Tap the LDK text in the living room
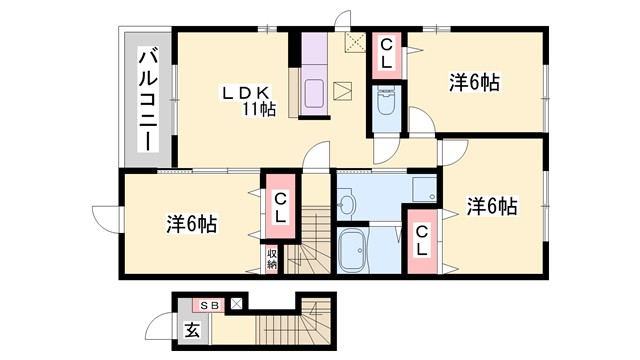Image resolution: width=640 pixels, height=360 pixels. coord(243,93)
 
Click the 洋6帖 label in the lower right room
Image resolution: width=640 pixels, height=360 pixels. coord(492,207)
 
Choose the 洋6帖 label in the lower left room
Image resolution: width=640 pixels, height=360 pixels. coord(192,223)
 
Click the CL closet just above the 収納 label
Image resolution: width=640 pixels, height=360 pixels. coord(281,207)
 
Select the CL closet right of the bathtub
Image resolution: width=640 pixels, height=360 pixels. coord(423,241)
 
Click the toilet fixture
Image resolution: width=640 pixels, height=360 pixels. coord(386,102)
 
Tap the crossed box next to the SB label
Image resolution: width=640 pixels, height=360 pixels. coord(236,302)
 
